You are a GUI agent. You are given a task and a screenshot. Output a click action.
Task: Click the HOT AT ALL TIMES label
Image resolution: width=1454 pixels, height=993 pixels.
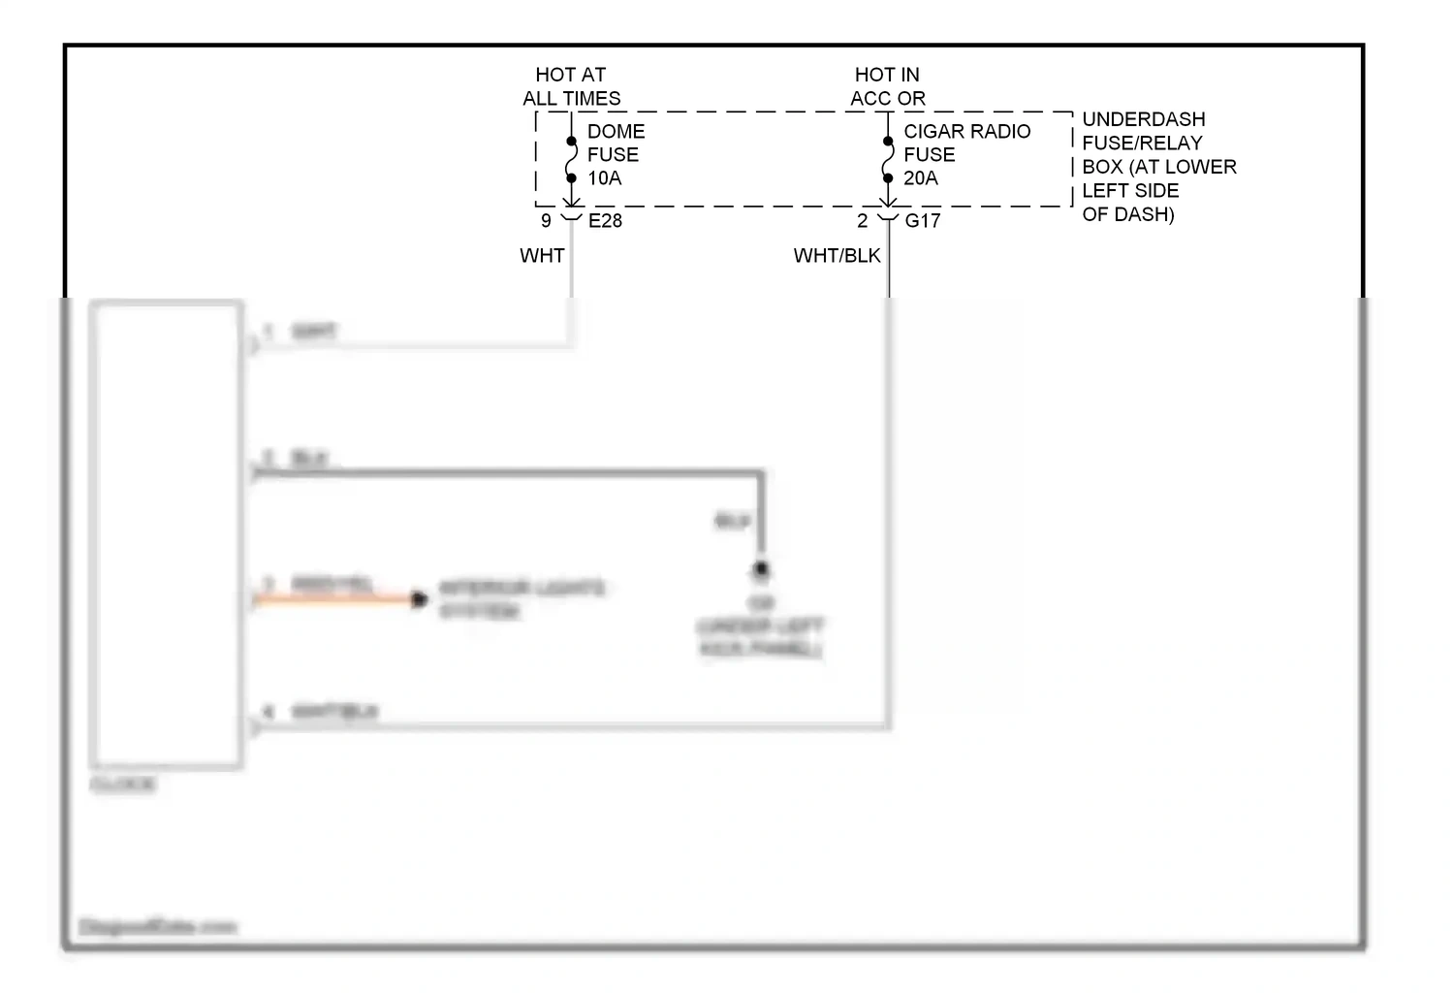click(x=571, y=86)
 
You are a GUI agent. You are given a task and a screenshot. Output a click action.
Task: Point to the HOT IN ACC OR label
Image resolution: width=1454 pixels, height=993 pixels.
click(x=887, y=86)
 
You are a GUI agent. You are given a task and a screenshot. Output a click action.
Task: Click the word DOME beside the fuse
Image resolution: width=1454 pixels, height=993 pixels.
click(x=616, y=131)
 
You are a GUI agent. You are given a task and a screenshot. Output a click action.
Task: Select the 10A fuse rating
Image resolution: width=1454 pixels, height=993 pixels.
click(x=604, y=178)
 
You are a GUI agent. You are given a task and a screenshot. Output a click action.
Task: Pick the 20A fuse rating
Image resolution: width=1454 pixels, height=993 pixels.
click(x=920, y=178)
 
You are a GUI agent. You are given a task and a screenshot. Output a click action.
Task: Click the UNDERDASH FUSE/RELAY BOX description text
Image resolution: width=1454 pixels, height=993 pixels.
click(x=1158, y=167)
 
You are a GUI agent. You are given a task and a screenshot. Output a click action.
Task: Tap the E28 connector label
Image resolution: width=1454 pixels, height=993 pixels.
click(x=605, y=221)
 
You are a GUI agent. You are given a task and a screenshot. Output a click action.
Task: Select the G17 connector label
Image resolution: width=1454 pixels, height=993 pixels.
click(x=922, y=221)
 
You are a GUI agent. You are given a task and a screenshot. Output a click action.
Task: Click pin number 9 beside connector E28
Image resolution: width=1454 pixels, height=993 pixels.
click(x=546, y=221)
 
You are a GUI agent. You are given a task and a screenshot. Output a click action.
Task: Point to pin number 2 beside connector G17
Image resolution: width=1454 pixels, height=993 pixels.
click(x=862, y=221)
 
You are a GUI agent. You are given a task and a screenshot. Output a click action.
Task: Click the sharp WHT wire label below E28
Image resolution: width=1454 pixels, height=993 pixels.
click(x=542, y=256)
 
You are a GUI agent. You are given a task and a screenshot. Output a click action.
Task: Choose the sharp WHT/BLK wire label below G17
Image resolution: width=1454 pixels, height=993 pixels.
click(x=837, y=256)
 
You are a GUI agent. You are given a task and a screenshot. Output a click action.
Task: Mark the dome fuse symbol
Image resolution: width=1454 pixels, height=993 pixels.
click(x=571, y=160)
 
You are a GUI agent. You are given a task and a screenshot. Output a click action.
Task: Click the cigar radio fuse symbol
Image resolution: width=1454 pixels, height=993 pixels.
click(x=887, y=160)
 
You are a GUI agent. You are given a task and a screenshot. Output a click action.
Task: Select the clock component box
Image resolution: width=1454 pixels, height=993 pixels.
click(x=166, y=533)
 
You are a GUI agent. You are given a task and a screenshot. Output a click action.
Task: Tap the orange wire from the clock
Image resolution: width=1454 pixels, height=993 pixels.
click(x=334, y=600)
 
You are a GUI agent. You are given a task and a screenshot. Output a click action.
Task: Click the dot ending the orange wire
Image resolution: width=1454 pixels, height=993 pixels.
click(x=419, y=600)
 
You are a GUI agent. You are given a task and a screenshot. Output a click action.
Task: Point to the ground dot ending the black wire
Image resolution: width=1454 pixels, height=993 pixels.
click(x=761, y=569)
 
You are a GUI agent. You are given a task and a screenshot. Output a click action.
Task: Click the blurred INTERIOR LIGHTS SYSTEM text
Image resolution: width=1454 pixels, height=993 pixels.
click(x=521, y=599)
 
